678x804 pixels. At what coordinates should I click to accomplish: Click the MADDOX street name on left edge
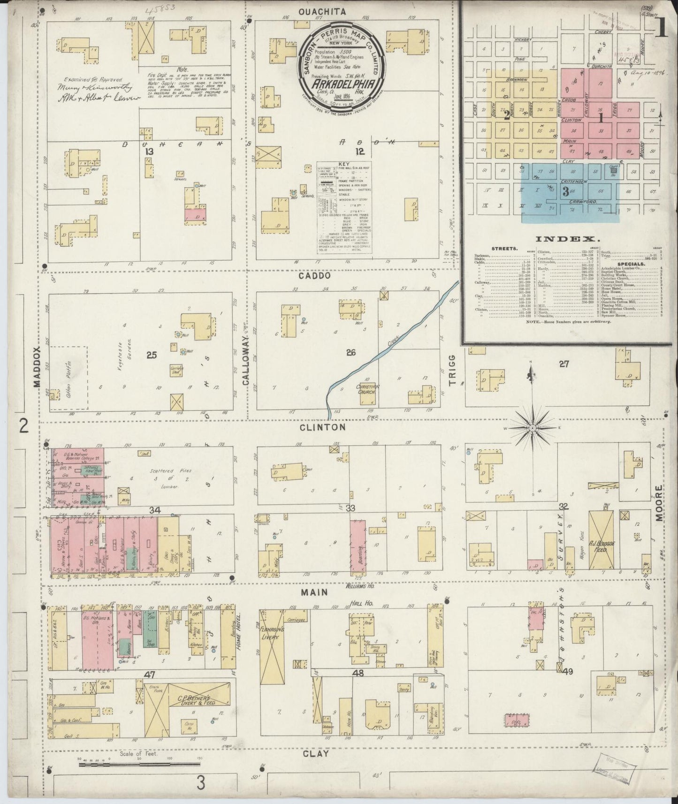coord(38,367)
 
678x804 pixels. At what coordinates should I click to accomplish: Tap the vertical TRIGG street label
coord(452,371)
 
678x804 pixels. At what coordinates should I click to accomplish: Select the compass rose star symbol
coord(533,428)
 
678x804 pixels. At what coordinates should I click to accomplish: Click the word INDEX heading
coord(558,239)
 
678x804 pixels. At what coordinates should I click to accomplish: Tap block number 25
coord(151,355)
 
